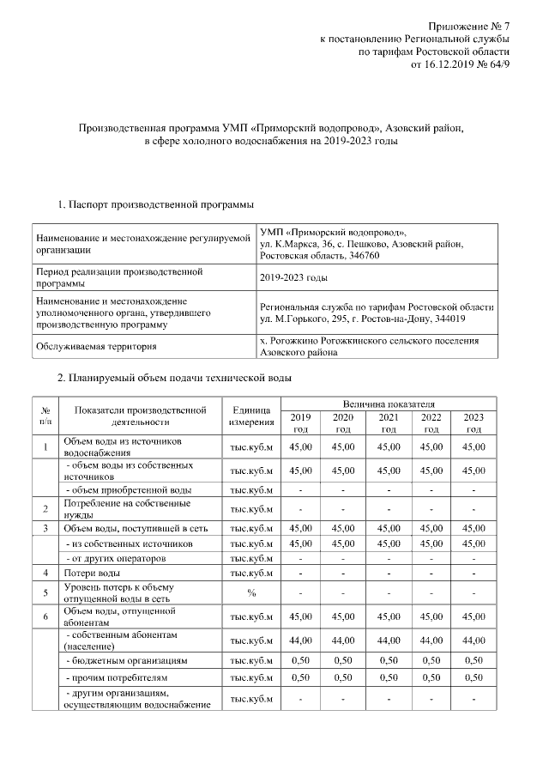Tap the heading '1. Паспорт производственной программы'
pos(154,204)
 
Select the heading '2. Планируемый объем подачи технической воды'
pos(174,377)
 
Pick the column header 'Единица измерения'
pos(251,416)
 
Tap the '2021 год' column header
pos(389,422)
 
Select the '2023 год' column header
pos(474,422)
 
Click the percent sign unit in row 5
pos(251,592)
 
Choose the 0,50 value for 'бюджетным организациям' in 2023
pos(474,660)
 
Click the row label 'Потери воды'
pos(98,572)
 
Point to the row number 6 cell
pos(45,616)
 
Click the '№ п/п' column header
pos(45,416)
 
